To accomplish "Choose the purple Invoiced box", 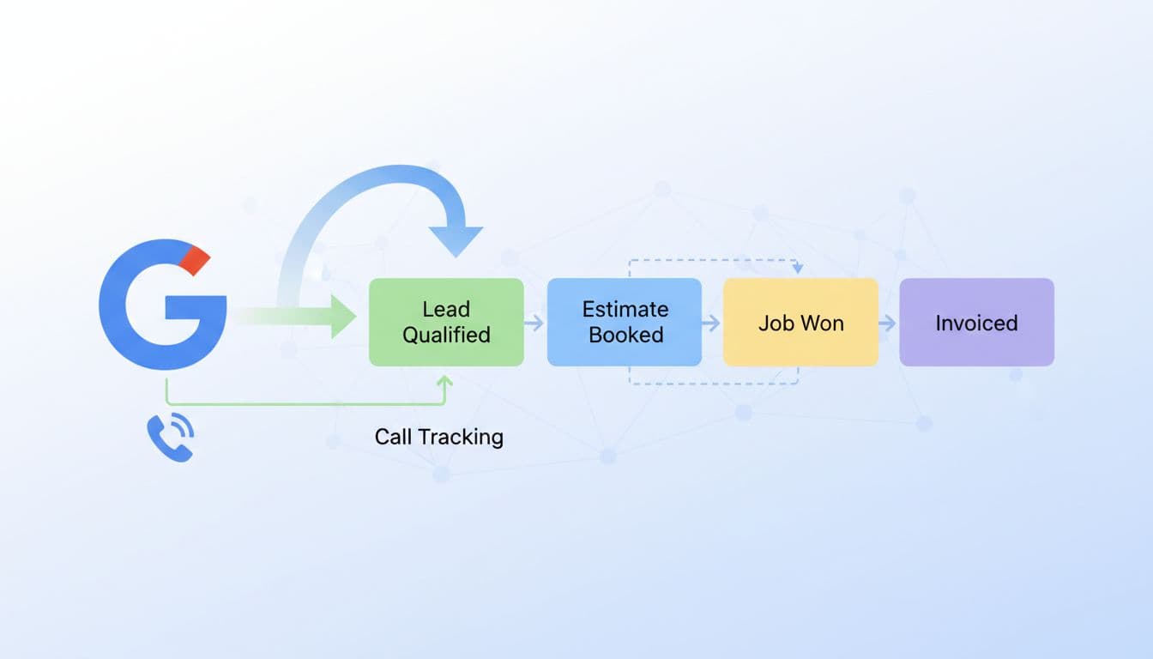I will point(976,323).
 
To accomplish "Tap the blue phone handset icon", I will point(169,438).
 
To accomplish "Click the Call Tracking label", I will point(438,437).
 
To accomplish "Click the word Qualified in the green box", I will point(446,335).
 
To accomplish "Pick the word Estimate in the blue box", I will point(625,309).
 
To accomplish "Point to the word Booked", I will point(625,335).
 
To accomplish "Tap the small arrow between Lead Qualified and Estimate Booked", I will point(534,323).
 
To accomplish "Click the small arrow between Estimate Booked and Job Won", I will point(711,323).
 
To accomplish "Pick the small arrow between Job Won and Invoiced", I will point(888,323).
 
